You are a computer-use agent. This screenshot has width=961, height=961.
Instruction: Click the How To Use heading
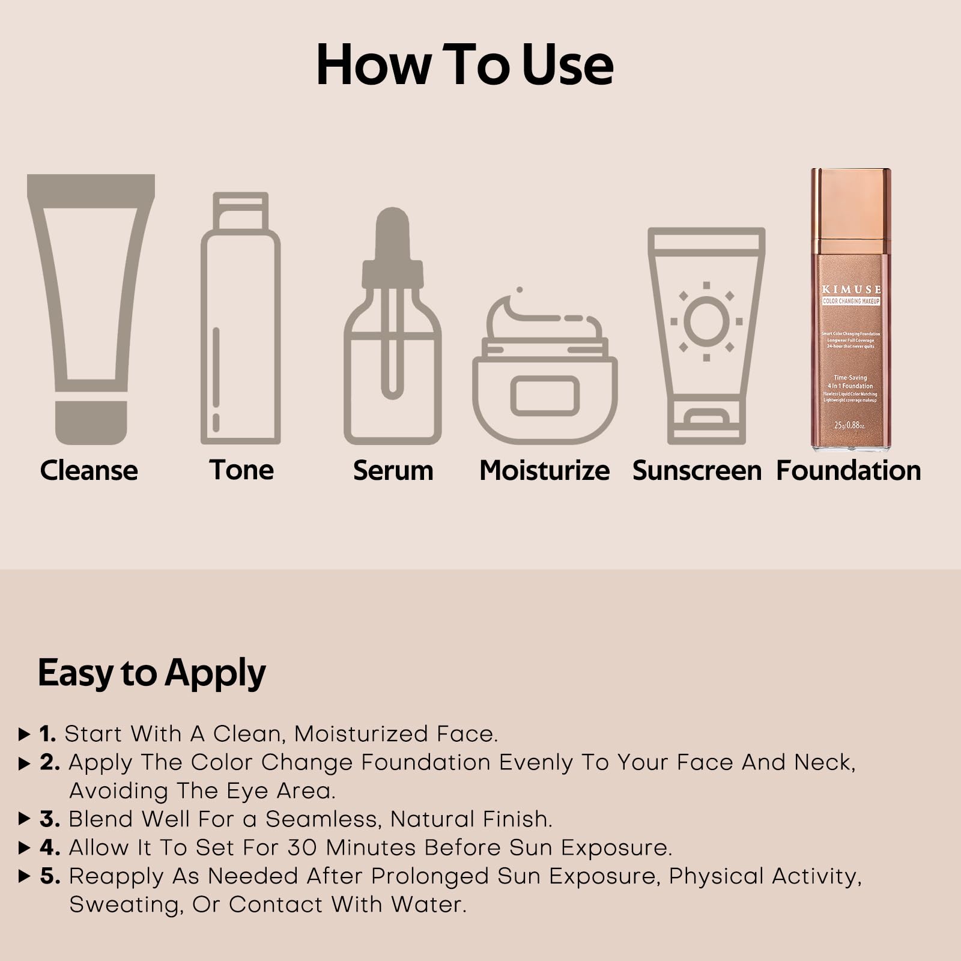click(464, 65)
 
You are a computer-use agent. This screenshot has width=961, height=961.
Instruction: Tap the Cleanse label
click(89, 470)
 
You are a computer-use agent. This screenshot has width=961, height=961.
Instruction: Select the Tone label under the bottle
click(241, 470)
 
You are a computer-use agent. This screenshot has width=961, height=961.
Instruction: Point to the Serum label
click(393, 470)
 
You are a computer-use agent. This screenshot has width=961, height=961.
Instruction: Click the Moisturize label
click(544, 470)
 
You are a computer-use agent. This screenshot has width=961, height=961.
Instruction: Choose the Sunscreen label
click(697, 470)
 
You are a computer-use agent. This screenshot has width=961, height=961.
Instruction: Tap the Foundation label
click(848, 470)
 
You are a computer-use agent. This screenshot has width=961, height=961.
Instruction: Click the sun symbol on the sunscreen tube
click(706, 322)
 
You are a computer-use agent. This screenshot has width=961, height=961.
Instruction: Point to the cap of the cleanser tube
click(91, 422)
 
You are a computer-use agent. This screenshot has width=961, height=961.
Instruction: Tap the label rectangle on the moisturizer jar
click(545, 396)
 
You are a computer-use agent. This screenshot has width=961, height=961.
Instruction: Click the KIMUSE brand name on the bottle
click(851, 290)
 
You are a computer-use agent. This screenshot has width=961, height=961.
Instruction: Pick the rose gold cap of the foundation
click(851, 210)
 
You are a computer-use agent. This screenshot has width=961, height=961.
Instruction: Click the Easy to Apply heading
click(151, 673)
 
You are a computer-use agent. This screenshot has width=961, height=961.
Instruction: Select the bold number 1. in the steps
click(48, 733)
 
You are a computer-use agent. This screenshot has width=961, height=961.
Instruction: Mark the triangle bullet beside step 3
click(25, 819)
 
